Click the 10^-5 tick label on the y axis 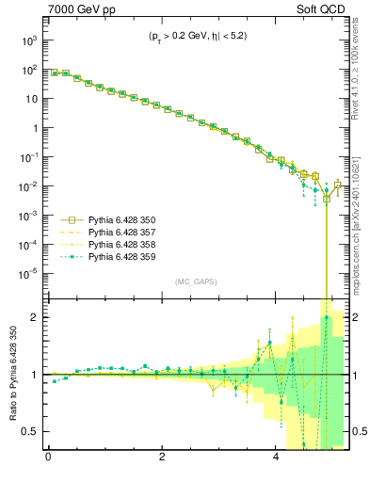click(x=27, y=274)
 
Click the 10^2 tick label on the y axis click(x=27, y=70)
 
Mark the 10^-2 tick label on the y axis click(x=27, y=186)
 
